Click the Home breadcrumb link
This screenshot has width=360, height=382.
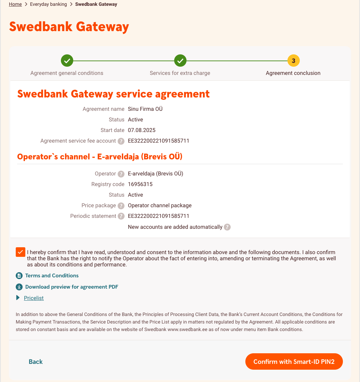tap(15, 4)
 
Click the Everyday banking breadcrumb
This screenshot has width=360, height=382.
tap(48, 4)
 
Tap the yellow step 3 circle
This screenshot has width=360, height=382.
tap(293, 61)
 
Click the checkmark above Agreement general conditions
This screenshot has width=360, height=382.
tap(67, 61)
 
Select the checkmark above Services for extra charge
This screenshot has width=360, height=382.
tap(180, 61)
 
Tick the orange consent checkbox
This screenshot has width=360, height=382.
tap(20, 252)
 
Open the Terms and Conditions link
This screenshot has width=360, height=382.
tap(52, 276)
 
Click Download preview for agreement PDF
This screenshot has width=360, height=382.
tap(72, 287)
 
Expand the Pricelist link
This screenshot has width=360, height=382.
tap(34, 298)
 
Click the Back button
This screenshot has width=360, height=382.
tap(36, 362)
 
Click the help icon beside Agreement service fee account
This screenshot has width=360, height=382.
tap(121, 141)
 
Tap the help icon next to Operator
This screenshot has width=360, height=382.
tap(121, 174)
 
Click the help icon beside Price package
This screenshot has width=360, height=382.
tap(121, 206)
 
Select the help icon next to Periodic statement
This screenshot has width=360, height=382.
tap(121, 216)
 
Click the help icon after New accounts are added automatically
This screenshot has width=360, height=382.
tap(227, 227)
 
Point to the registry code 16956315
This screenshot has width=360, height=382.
tap(140, 184)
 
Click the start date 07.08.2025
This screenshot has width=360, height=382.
tap(142, 130)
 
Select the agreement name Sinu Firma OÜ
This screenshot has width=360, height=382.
tap(145, 109)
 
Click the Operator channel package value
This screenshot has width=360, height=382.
tap(159, 206)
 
